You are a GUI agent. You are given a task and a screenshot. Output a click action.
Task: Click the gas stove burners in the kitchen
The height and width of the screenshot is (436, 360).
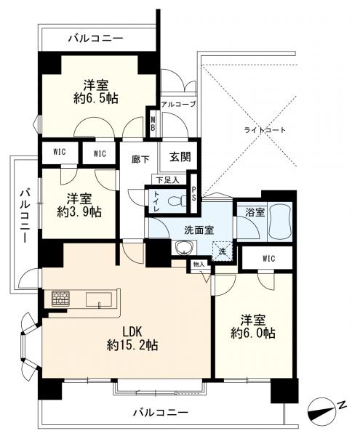(x=60, y=299)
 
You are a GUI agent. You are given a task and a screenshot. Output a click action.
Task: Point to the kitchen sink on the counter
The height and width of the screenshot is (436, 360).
(x=99, y=299)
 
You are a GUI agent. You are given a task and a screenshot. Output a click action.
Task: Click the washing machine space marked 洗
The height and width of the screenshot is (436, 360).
(x=222, y=251)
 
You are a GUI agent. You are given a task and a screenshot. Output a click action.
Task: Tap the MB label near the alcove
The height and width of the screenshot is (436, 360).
(x=153, y=124)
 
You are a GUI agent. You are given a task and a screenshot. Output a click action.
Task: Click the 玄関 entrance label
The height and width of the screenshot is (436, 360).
(x=180, y=157)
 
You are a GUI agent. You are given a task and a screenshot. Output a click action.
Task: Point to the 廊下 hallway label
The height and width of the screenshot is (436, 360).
(x=140, y=159)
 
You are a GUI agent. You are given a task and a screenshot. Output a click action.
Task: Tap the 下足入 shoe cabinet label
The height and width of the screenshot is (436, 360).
(x=167, y=180)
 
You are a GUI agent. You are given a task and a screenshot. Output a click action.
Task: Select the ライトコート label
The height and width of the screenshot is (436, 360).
(x=265, y=130)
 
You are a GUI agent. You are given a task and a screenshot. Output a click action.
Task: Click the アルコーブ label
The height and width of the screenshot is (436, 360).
(x=179, y=104)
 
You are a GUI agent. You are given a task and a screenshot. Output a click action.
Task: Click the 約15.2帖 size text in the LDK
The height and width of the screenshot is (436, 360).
(x=132, y=345)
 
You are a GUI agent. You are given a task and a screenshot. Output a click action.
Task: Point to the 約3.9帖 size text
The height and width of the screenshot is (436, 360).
(x=79, y=212)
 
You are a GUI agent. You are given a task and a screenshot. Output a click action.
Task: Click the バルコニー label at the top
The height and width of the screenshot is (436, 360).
(x=96, y=38)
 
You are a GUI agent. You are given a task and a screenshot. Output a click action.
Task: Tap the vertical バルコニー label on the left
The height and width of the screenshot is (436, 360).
(x=25, y=216)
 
